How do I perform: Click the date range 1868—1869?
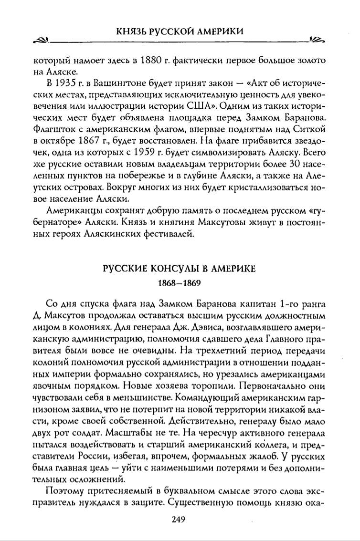coord(180,282)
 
